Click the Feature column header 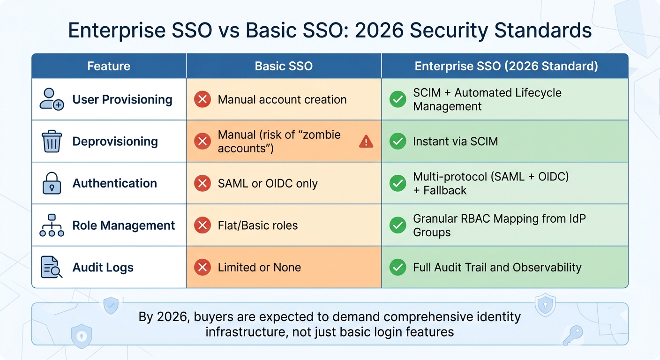coord(109,66)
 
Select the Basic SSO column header coord(284,66)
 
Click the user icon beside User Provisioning coord(52,99)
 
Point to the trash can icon coord(52,141)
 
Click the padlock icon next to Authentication coord(52,183)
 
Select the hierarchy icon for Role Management coord(52,225)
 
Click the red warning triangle coord(366,141)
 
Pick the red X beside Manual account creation coord(202,99)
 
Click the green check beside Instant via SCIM coord(398,141)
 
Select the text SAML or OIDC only coord(268,183)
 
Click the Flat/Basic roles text coord(258,225)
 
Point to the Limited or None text coord(259,268)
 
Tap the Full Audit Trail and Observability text coord(497,268)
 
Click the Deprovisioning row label coord(115,142)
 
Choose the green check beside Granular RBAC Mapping coord(398,225)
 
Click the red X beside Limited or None coord(202,268)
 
